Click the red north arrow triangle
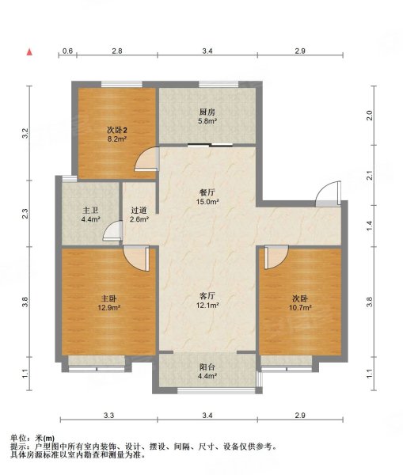(29, 52)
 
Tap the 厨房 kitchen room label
(207, 112)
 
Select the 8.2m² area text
(117, 139)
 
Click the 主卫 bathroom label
(90, 211)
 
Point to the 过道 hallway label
(139, 211)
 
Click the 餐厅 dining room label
(207, 192)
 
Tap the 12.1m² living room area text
(207, 306)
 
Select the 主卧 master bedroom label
(108, 298)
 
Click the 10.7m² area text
(300, 308)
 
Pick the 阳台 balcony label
(207, 367)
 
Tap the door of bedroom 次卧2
(147, 159)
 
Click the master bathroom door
(112, 231)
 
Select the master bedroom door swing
(137, 258)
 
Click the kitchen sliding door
(211, 145)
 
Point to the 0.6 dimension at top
(67, 51)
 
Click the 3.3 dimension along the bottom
(108, 415)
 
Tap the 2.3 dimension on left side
(25, 214)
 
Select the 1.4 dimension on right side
(369, 226)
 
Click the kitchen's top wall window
(219, 84)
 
